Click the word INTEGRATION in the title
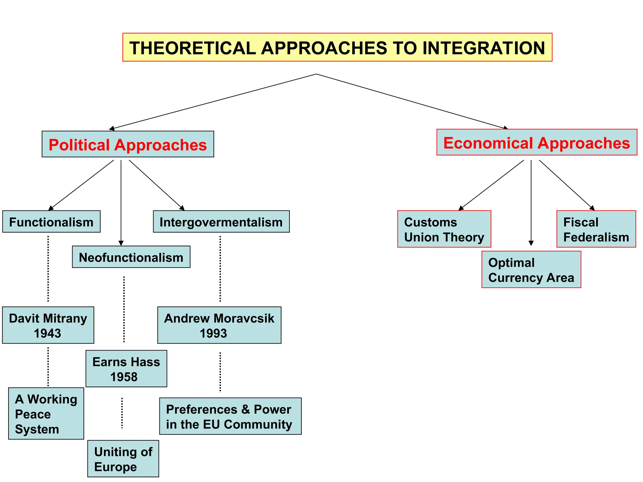(x=484, y=48)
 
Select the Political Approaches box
(x=128, y=144)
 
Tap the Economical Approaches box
(x=537, y=142)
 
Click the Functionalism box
(x=51, y=222)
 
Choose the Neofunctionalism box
(x=131, y=257)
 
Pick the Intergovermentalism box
(x=221, y=222)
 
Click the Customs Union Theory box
(x=444, y=229)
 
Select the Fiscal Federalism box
(x=596, y=229)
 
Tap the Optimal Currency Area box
(x=531, y=270)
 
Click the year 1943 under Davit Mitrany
(x=47, y=333)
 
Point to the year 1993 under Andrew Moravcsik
(x=213, y=333)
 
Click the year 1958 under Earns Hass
(x=124, y=377)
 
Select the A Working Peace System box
(x=46, y=414)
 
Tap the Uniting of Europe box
(x=123, y=459)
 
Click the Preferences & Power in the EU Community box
(x=230, y=416)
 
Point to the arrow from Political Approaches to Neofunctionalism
(x=121, y=204)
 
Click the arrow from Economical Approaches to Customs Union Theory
(x=491, y=185)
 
